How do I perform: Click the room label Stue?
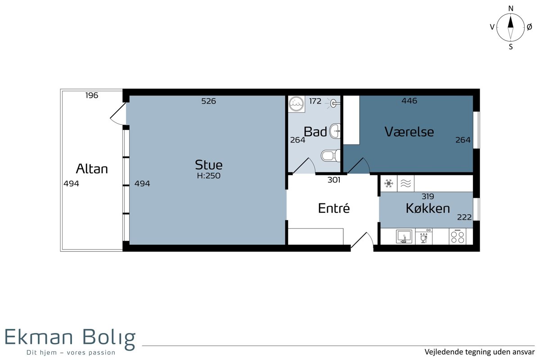(208, 165)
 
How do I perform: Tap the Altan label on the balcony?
(92, 169)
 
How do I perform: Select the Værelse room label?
(409, 132)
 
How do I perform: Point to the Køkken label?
(428, 208)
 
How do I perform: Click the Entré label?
(334, 208)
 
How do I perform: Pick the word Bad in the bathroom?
(315, 132)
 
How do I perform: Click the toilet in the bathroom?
(330, 156)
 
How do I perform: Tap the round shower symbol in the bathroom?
(296, 104)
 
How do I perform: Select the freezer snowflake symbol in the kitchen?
(389, 184)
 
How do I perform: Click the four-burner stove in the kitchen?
(458, 237)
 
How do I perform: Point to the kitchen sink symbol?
(404, 237)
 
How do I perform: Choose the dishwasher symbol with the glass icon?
(424, 237)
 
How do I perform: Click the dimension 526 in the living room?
(208, 101)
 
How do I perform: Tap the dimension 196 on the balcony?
(92, 95)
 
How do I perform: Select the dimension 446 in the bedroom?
(409, 100)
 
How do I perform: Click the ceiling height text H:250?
(208, 175)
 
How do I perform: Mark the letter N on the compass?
(511, 9)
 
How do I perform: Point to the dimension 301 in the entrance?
(334, 180)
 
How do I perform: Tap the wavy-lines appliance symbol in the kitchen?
(406, 184)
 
